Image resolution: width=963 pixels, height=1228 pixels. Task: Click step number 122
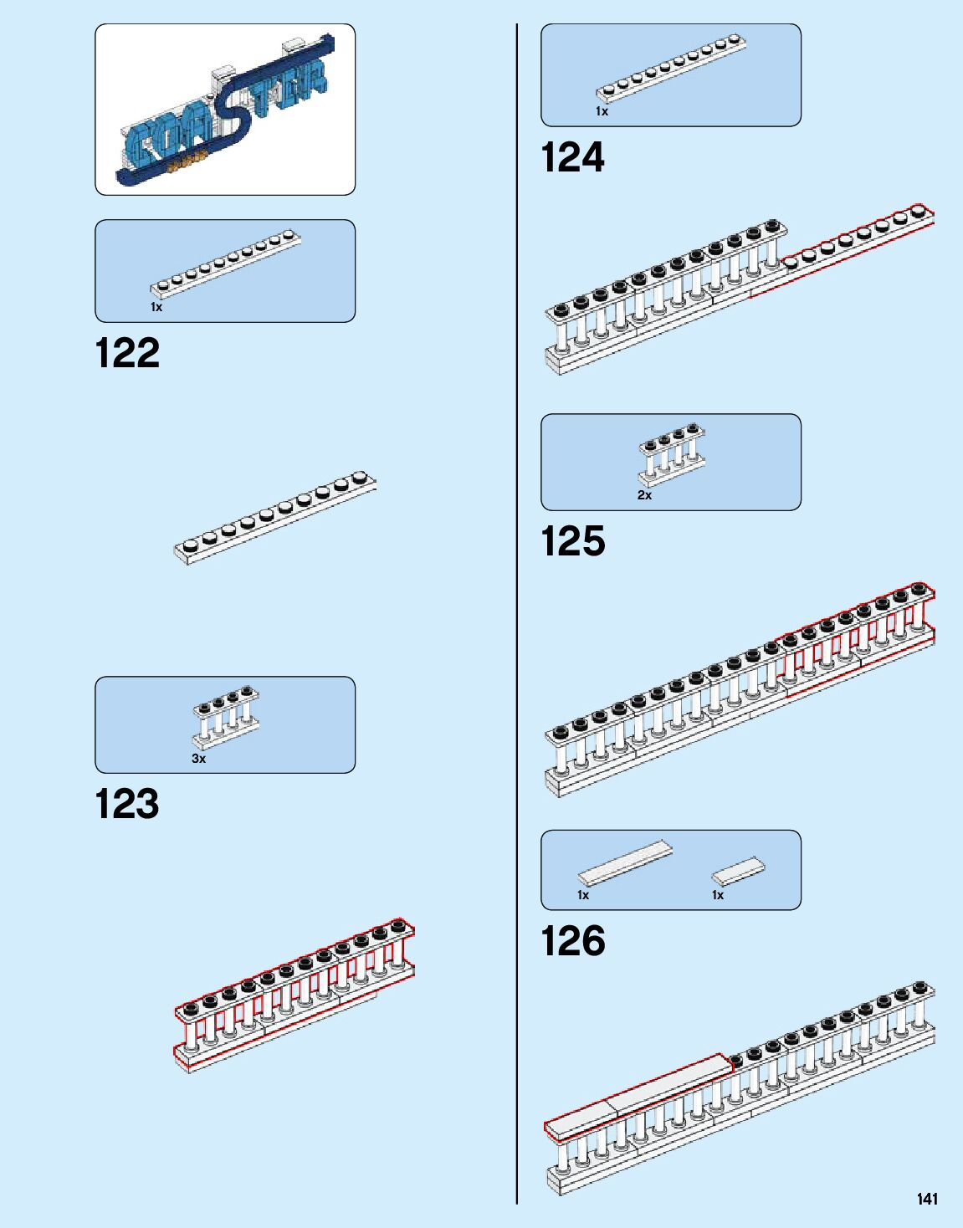tap(127, 353)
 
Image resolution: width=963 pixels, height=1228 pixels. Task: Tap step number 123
tap(127, 804)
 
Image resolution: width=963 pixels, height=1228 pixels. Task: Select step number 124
tap(572, 157)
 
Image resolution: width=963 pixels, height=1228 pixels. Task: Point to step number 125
tap(572, 541)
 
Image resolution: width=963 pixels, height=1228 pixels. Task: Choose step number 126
tap(572, 941)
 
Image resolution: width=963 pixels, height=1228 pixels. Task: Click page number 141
tap(927, 1199)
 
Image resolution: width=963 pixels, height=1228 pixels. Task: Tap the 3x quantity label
tap(198, 759)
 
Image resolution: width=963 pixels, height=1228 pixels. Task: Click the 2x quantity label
tap(644, 495)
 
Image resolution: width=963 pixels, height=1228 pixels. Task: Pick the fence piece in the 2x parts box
tap(672, 454)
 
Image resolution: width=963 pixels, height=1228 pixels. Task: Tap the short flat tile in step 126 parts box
tap(738, 871)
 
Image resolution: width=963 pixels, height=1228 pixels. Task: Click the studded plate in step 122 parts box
tap(226, 263)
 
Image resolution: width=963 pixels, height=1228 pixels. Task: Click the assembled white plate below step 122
tap(275, 517)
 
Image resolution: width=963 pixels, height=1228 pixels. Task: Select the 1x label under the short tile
tap(718, 895)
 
